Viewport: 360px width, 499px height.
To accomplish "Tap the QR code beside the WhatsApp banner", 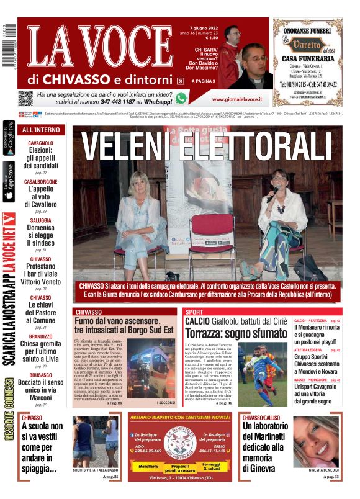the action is [x=25, y=98].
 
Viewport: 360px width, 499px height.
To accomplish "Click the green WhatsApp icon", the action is [x=181, y=98].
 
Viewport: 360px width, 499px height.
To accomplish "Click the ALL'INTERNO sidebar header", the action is [x=41, y=130].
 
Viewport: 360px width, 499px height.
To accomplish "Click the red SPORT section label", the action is [x=194, y=312].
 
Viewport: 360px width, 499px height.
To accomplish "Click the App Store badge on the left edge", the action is [x=9, y=182].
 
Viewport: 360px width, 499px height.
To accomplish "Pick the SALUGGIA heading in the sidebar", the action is [x=41, y=220].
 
